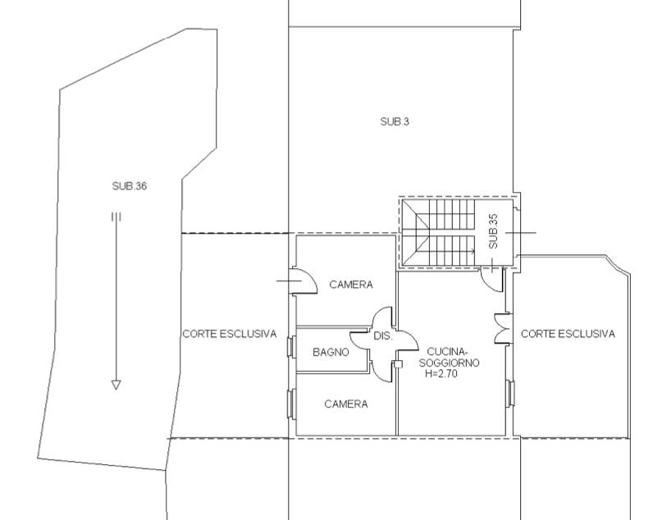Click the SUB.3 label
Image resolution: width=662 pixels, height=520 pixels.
[x=395, y=121]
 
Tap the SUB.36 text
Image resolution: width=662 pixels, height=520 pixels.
[x=129, y=185]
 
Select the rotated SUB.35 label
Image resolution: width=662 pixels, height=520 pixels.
[x=493, y=231]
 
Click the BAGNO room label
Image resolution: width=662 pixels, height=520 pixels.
[x=331, y=352]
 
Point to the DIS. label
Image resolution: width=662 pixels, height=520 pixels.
[x=383, y=336]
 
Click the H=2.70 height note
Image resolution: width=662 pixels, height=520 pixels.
[x=441, y=373]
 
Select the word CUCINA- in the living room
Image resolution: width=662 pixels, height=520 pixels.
[x=448, y=352]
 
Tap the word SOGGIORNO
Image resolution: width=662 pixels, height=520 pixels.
[x=450, y=363]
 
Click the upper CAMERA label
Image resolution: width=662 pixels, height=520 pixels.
[x=351, y=285]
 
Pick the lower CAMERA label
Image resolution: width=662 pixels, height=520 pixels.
[x=346, y=404]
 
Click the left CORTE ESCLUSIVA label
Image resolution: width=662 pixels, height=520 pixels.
[x=229, y=334]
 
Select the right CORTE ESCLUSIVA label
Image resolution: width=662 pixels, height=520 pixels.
[x=568, y=334]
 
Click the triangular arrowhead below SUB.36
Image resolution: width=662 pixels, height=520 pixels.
[x=116, y=385]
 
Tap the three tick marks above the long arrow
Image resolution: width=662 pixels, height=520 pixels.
[x=116, y=217]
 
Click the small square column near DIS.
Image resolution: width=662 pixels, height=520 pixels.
[x=398, y=364]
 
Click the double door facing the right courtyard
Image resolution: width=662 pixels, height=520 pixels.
[x=501, y=328]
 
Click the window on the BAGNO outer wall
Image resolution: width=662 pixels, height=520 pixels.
[x=290, y=347]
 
